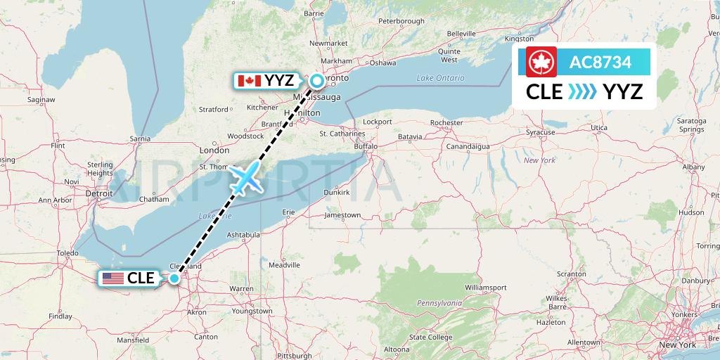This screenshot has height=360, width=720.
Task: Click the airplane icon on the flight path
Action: pos(245,178)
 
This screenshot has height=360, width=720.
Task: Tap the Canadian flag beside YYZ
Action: pos(246,81)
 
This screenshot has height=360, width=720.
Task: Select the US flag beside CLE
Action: pos(112,278)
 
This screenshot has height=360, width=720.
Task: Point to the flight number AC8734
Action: pos(600,63)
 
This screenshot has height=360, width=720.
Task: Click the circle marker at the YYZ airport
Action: pos(317,81)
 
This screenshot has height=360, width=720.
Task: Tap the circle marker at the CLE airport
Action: pos(174,278)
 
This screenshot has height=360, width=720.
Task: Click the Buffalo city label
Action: pos(365,147)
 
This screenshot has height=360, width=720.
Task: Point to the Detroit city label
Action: pos(99,193)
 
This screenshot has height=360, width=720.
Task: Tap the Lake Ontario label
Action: pos(440,77)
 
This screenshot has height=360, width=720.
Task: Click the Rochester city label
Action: pos(446,122)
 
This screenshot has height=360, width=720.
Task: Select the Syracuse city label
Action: pos(541,131)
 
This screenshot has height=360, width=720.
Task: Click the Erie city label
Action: pos(288,211)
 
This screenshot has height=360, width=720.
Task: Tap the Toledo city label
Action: pos(67,253)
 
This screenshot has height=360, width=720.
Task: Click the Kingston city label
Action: pos(519,39)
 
